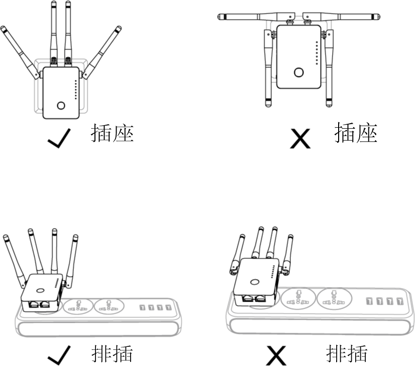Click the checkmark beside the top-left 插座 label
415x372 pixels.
(x=60, y=138)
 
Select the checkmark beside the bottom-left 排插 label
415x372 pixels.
(x=60, y=356)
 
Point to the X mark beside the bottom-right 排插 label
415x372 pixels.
(x=276, y=356)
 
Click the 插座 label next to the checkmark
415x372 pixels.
(x=112, y=133)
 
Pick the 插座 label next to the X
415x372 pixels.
(x=356, y=133)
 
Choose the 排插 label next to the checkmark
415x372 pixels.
(x=112, y=354)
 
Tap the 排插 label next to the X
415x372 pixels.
(x=347, y=354)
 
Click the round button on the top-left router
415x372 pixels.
(x=61, y=106)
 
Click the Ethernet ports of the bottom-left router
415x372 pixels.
(x=41, y=304)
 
